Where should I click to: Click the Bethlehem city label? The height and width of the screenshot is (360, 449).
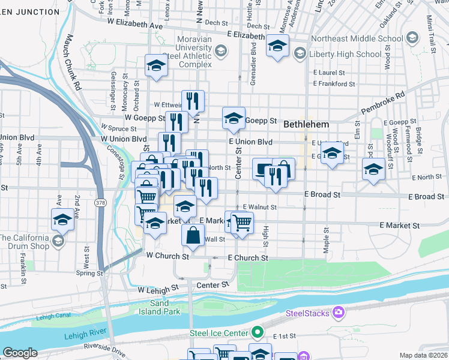click(x=306, y=124)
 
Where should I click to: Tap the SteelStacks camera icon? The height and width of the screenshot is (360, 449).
click(x=339, y=311)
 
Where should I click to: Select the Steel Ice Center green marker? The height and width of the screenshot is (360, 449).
click(x=258, y=332)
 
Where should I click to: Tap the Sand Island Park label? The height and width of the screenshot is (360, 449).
click(x=165, y=308)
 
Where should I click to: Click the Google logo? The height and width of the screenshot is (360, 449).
click(x=20, y=353)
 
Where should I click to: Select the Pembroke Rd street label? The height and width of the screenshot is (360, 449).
click(x=384, y=103)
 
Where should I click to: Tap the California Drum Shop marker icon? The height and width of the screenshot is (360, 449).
click(x=58, y=241)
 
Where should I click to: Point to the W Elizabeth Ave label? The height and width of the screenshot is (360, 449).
click(x=135, y=26)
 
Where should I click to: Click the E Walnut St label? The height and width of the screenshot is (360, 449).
click(x=259, y=207)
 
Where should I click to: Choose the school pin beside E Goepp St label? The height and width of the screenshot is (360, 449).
click(x=234, y=118)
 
